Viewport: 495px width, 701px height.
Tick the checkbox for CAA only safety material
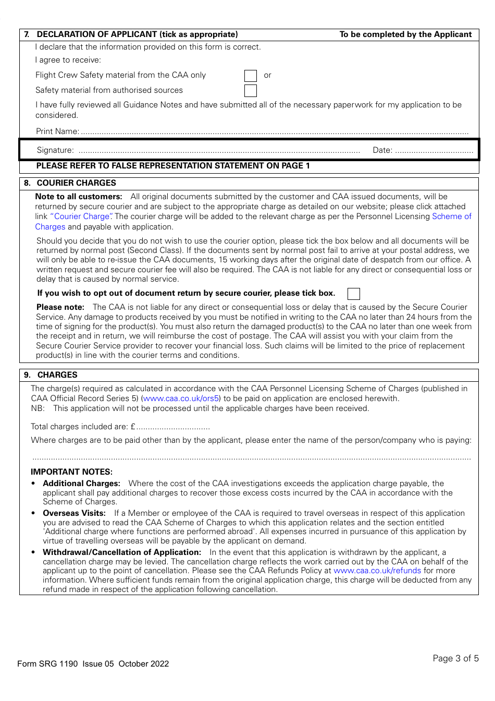(251, 76)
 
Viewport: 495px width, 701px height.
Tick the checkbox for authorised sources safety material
(251, 91)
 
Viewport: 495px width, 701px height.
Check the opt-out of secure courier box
(354, 294)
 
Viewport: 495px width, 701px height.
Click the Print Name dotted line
(275, 132)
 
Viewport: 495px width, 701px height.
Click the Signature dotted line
(219, 151)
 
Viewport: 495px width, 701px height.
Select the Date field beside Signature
(434, 151)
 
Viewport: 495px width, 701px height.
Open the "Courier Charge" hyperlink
(81, 216)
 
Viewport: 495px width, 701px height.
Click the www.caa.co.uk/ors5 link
(181, 398)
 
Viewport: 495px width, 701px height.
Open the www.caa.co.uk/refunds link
(377, 571)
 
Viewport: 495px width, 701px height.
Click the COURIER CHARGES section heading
(76, 183)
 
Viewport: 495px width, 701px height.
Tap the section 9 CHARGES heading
(57, 375)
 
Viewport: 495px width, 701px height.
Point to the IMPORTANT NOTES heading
(71, 472)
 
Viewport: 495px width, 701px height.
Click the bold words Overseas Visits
(74, 513)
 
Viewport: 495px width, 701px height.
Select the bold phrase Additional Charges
(81, 484)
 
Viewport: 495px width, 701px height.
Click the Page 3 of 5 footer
(455, 658)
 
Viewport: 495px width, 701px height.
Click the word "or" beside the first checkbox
(267, 76)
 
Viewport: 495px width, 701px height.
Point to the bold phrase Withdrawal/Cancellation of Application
(121, 552)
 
